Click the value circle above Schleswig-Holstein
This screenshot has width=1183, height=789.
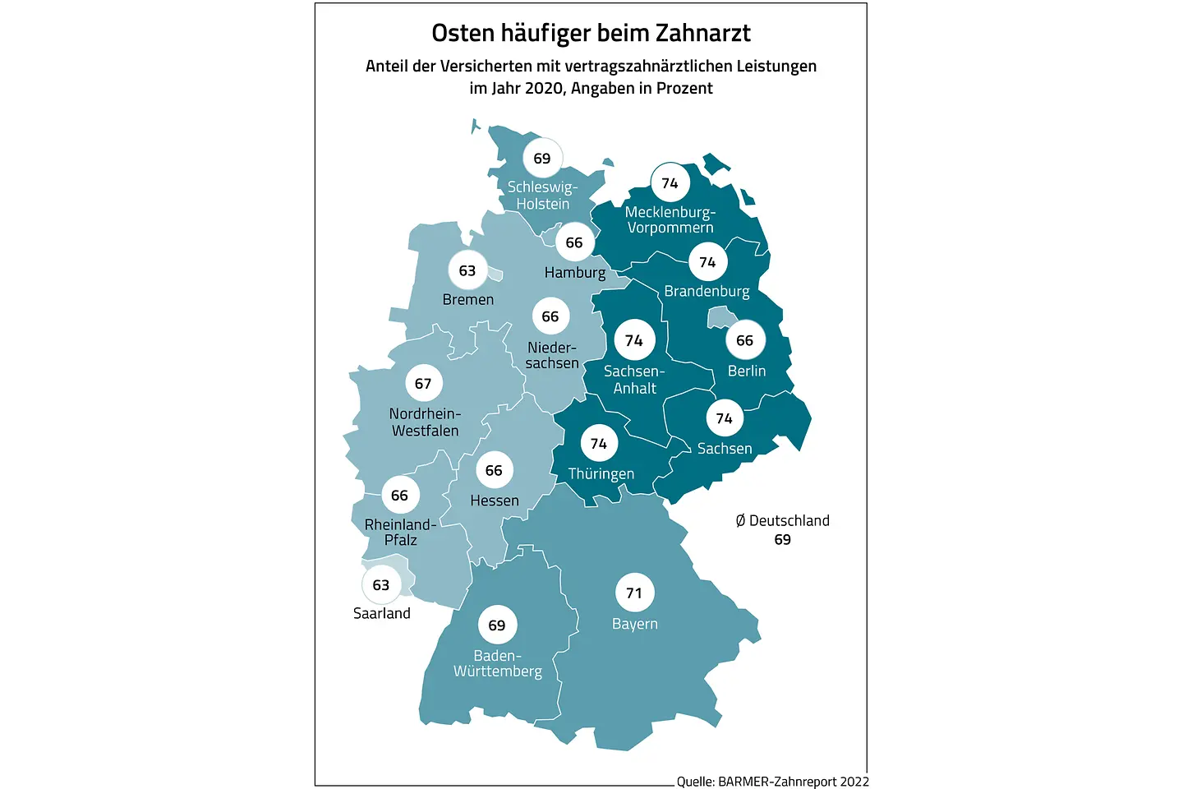[542, 159]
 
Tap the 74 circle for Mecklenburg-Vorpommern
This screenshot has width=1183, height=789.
[670, 182]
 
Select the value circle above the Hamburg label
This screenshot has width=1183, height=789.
[574, 242]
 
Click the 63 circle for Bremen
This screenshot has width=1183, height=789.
[467, 270]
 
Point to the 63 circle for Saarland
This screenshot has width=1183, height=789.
[381, 584]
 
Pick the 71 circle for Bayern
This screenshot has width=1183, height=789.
[634, 593]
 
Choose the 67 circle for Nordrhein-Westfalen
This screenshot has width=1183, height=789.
[423, 383]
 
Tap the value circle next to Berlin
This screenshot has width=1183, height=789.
[745, 340]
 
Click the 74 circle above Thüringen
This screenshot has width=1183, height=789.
[599, 444]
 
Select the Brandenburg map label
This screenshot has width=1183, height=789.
[707, 292]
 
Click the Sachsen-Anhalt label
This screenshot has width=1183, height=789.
[634, 380]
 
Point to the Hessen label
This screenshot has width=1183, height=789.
[495, 501]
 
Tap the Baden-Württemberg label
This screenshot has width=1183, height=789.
[498, 663]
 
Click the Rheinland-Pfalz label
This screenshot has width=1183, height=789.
[400, 532]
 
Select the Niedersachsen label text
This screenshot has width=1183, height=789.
[552, 355]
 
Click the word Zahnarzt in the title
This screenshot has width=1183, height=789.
[703, 33]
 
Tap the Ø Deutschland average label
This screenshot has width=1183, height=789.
[783, 520]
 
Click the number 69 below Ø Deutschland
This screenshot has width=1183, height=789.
[783, 540]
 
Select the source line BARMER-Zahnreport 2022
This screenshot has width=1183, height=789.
[793, 782]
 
